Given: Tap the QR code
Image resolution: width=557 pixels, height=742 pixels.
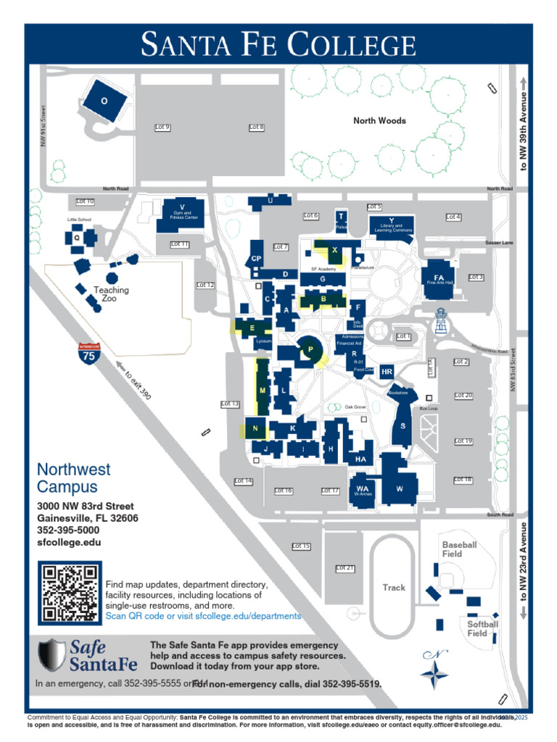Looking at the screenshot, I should click(x=70, y=592).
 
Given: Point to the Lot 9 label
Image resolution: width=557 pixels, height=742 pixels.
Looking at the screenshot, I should click(x=162, y=128).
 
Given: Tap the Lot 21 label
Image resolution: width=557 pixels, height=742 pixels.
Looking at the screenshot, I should click(x=345, y=568).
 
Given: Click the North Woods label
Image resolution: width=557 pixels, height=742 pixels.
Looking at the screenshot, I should click(x=379, y=120).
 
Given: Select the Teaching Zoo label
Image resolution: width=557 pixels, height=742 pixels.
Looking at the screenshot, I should click(x=111, y=294).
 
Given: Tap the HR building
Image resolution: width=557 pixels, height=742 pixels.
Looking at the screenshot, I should click(x=387, y=372).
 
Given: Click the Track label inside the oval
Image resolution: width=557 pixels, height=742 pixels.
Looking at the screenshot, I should click(x=394, y=588).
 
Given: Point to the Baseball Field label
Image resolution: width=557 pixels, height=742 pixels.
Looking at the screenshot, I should click(x=460, y=549).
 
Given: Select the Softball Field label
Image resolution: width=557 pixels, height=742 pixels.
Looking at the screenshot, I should click(x=482, y=628).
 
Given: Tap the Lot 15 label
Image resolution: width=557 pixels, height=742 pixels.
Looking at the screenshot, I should click(x=301, y=546).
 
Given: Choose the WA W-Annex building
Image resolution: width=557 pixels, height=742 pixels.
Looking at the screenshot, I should click(x=362, y=488).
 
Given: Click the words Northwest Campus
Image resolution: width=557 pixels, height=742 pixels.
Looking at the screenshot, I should click(x=73, y=478).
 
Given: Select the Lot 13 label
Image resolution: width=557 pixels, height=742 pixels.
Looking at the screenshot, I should click(x=230, y=404).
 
